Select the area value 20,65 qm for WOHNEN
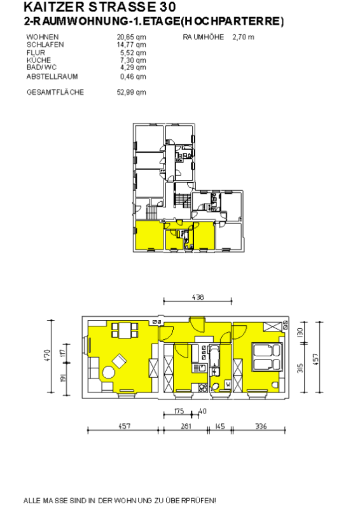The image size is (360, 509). (131, 37)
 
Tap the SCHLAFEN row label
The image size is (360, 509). (45, 45)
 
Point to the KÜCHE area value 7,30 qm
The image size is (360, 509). (133, 60)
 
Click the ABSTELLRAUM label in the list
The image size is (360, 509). (52, 76)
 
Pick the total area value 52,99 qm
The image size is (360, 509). (131, 92)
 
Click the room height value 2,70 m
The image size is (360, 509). (243, 37)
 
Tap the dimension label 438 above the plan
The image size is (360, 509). (198, 297)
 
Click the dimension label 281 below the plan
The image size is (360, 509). (186, 426)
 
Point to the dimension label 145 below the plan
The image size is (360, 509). (220, 426)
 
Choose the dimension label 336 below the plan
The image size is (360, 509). (261, 426)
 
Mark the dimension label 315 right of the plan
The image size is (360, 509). (300, 368)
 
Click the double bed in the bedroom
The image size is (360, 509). (267, 357)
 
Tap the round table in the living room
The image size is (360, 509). (108, 373)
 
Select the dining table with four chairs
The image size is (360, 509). (125, 330)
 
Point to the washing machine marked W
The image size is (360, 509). (228, 385)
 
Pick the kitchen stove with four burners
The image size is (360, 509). (202, 387)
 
